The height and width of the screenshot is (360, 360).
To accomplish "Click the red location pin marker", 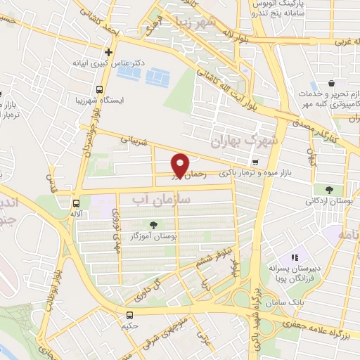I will pyautogui.click(x=181, y=166).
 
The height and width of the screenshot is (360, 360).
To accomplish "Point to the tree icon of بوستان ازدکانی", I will pyautogui.click(x=328, y=189).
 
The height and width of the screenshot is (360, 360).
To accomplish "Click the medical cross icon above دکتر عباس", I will pyautogui.click(x=108, y=52).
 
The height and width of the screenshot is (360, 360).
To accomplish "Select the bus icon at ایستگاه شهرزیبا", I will pyautogui.click(x=99, y=90).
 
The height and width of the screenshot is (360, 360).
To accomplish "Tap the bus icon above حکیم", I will pyautogui.click(x=130, y=315).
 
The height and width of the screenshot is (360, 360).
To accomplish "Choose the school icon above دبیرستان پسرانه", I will pyautogui.click(x=295, y=257).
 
